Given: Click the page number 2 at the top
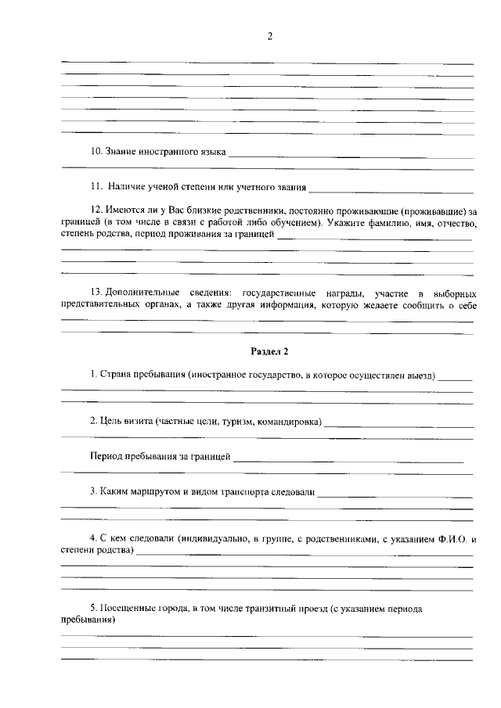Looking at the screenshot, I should (x=269, y=37).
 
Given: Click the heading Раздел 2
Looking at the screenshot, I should (x=269, y=351).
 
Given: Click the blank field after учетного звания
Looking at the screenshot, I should (x=391, y=190).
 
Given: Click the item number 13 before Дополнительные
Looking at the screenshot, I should (x=97, y=293).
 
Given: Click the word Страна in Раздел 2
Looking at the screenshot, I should (x=116, y=376).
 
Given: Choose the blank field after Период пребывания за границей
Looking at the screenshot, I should (x=348, y=460).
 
